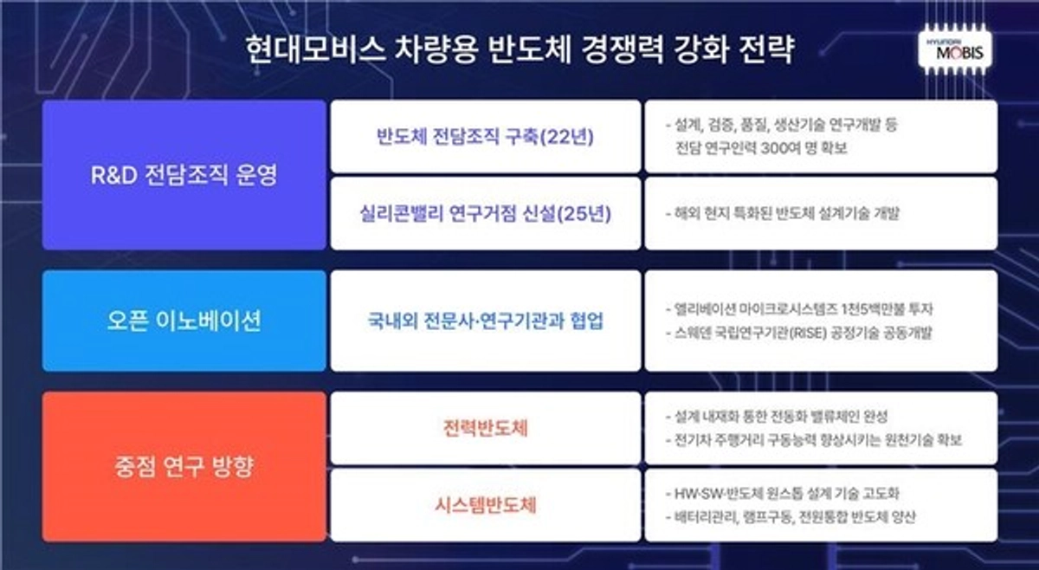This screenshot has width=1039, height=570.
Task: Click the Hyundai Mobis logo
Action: pyautogui.click(x=956, y=51)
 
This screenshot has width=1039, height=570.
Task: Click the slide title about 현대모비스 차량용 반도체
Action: pyautogui.click(x=519, y=49)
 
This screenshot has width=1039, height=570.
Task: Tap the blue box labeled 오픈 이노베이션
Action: pyautogui.click(x=184, y=321)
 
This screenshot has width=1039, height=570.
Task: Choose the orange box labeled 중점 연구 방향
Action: pyautogui.click(x=184, y=468)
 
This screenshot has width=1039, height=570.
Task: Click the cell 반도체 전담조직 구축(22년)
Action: pyautogui.click(x=486, y=138)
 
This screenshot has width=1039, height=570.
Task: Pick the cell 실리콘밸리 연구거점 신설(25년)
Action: pyautogui.click(x=486, y=214)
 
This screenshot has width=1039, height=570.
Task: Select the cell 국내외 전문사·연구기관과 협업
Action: pyautogui.click(x=486, y=321)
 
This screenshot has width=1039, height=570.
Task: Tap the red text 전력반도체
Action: pyautogui.click(x=486, y=429)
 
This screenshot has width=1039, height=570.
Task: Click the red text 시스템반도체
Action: pyautogui.click(x=486, y=505)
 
